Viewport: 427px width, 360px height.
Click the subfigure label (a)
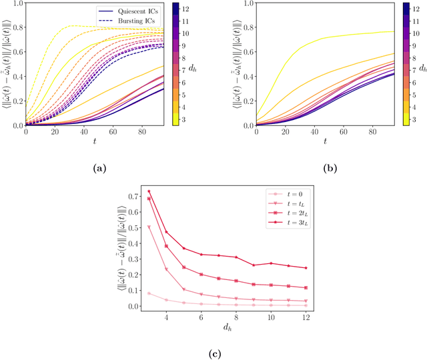pyautogui.click(x=98, y=169)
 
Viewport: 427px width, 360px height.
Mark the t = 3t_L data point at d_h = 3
pyautogui.click(x=149, y=191)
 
